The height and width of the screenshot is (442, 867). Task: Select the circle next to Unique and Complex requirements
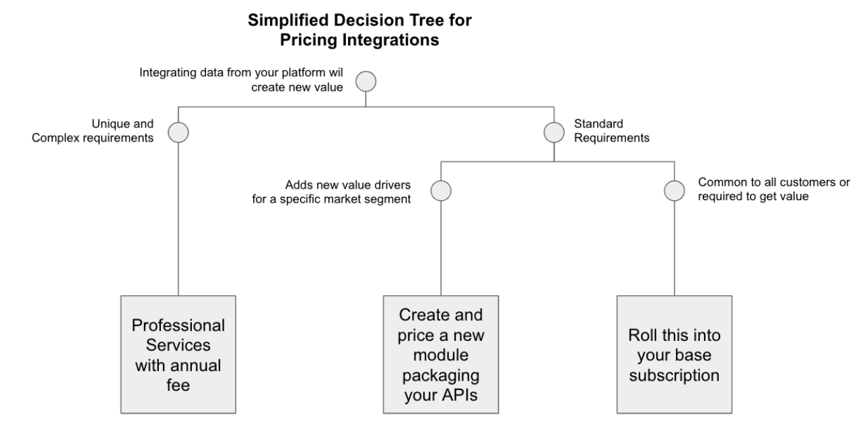pos(178,131)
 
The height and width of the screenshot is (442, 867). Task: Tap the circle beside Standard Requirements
pos(553,131)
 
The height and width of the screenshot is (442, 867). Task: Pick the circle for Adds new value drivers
pos(440,191)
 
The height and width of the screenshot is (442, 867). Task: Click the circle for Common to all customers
pos(674,191)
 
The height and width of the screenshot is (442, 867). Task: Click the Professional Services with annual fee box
pos(178,354)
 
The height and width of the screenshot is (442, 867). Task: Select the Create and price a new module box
pos(441,354)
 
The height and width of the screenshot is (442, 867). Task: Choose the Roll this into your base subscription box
pos(674,354)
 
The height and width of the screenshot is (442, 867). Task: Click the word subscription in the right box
pos(674,373)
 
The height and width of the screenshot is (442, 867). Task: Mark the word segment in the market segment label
pos(392,199)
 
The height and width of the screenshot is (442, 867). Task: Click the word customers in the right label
pos(790,183)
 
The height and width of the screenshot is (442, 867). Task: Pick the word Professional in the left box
pos(178,325)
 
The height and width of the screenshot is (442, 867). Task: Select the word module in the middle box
pos(441,355)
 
